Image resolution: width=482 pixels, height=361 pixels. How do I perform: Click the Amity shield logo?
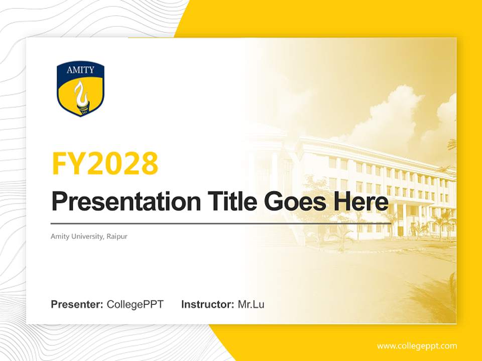tap(80, 89)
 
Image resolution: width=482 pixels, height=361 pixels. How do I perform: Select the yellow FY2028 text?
tap(105, 163)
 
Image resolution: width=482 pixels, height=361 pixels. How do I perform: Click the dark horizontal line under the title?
tap(221, 224)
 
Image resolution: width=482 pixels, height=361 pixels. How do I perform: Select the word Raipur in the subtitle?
tap(116, 236)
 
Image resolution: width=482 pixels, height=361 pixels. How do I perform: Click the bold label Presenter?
tap(77, 304)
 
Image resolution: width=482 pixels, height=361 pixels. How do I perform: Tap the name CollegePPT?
tap(135, 304)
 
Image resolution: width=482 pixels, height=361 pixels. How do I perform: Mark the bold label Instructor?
tap(207, 304)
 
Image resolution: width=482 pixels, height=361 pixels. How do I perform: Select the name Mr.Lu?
tap(251, 304)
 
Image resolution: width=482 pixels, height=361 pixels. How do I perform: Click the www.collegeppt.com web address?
tap(417, 346)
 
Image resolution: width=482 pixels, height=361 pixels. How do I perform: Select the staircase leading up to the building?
tap(281, 236)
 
